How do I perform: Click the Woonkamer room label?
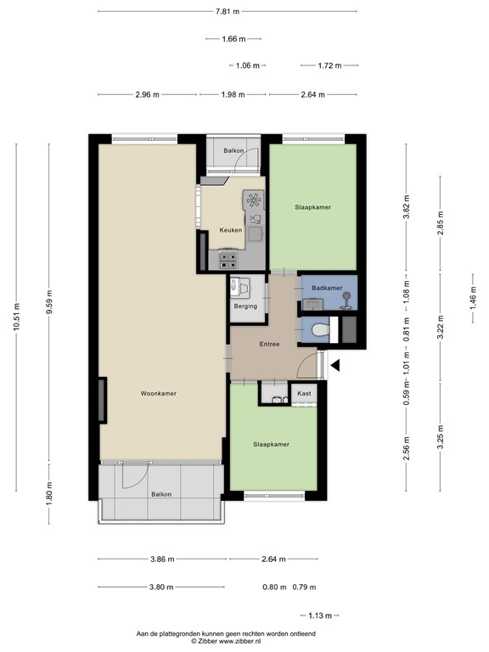tap(159, 393)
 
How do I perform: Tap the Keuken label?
tap(231, 230)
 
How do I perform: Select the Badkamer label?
tap(327, 289)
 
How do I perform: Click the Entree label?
tap(269, 344)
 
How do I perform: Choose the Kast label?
tap(304, 395)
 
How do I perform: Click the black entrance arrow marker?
tap(335, 366)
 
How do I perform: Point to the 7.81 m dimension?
tap(227, 11)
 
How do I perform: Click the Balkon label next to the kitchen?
tap(233, 151)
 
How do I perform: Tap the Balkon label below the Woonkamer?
tap(161, 494)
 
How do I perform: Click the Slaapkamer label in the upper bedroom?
tap(312, 207)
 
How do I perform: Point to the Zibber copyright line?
tap(227, 643)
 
